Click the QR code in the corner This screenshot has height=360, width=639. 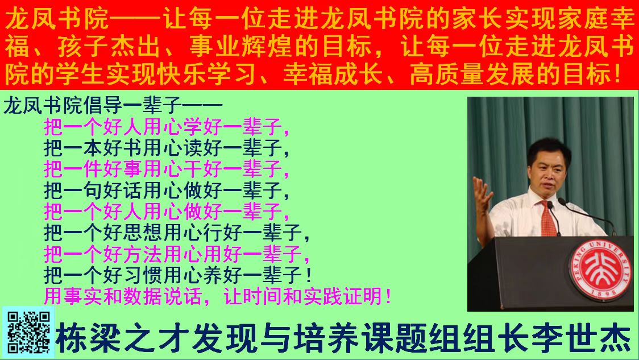pyautogui.click(x=28, y=332)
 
